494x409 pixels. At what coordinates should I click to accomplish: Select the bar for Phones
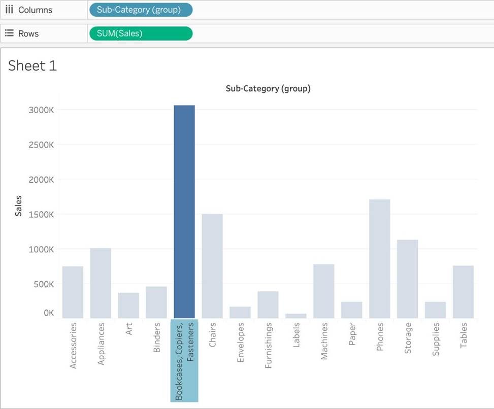pos(379,259)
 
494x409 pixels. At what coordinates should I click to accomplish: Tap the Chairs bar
pos(212,266)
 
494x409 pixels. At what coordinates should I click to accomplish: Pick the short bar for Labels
pos(296,316)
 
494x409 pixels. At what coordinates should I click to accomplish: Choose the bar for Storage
pos(407,279)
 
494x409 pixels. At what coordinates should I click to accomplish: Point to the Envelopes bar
pos(240,312)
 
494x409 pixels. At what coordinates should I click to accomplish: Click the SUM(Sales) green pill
pos(141,33)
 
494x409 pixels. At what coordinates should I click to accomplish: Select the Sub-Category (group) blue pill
pos(141,10)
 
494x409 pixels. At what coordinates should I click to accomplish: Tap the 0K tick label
pos(48,313)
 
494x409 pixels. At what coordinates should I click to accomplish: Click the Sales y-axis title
pos(18,206)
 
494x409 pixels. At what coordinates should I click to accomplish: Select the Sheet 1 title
pos(32,65)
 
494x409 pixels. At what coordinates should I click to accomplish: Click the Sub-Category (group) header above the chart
pos(268,88)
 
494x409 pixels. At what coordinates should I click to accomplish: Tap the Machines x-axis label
pos(324,341)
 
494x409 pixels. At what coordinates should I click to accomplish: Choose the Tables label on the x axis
pos(464,335)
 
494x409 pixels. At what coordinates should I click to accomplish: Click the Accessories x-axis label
pos(73,345)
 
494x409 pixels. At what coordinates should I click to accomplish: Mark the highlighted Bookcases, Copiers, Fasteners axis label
pos(184,360)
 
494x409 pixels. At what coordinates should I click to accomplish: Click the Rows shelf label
pos(28,33)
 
